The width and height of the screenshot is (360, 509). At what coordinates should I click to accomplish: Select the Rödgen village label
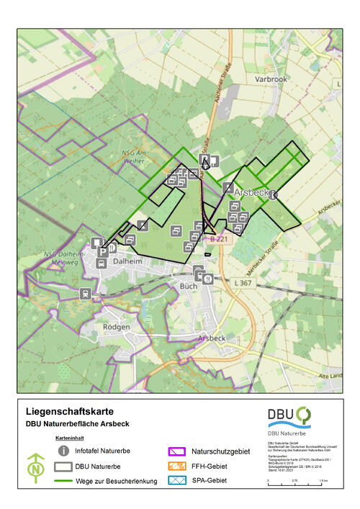117,326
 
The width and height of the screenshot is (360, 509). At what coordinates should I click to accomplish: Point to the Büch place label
186,286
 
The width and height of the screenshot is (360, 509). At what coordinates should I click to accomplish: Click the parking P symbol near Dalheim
103,252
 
